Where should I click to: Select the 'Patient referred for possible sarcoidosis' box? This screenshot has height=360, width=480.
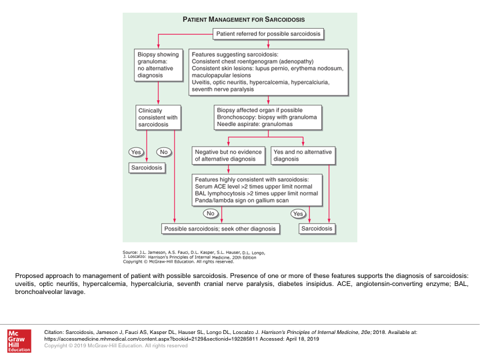point(268,33)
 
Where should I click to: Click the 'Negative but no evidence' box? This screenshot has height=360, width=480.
point(229,155)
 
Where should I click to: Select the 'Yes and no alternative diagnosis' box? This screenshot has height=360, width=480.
point(303,155)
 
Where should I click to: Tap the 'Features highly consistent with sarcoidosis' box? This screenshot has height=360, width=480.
point(257,191)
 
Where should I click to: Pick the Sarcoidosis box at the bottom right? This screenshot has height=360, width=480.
point(317,229)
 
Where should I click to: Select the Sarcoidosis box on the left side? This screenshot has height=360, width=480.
point(147,168)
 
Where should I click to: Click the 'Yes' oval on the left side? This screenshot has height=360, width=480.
point(136,152)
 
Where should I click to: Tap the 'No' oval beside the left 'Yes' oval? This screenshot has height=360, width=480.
point(163,152)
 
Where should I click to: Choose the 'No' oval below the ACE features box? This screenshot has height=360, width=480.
point(211,213)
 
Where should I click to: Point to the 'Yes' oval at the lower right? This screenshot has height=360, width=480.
point(298,213)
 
